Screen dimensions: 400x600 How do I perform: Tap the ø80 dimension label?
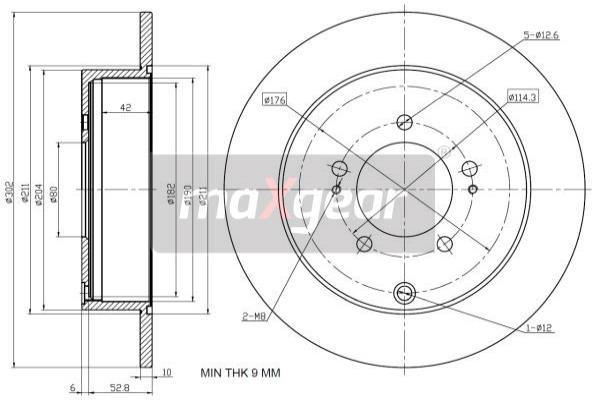[54, 193]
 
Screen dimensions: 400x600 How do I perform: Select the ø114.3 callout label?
[522, 97]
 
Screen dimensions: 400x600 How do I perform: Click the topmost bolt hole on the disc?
[404, 122]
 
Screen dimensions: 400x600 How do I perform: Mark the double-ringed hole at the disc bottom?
[404, 293]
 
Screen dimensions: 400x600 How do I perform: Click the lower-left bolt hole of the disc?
[364, 242]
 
